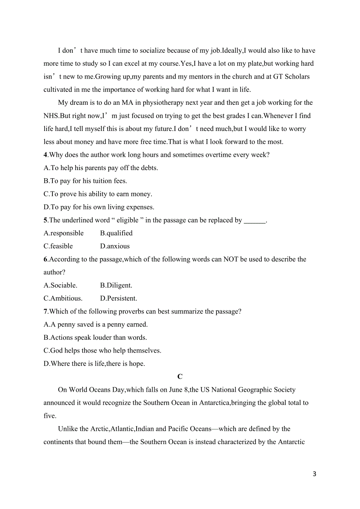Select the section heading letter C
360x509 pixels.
click(x=180, y=377)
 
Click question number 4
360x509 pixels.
click(x=45, y=155)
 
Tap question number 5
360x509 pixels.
click(x=45, y=220)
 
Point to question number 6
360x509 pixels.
click(x=45, y=259)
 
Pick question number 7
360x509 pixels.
click(x=45, y=312)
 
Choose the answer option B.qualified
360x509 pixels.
click(x=116, y=233)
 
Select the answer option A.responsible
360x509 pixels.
click(x=63, y=233)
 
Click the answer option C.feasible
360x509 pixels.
click(x=58, y=246)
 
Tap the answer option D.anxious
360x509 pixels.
click(x=115, y=246)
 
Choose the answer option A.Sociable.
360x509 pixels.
click(x=60, y=285)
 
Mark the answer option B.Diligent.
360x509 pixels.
click(x=116, y=285)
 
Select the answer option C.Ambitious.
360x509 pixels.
click(x=63, y=299)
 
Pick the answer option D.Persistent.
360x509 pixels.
click(x=119, y=299)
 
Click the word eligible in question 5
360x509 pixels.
click(x=128, y=220)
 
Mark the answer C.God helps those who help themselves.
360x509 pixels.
click(x=102, y=351)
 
